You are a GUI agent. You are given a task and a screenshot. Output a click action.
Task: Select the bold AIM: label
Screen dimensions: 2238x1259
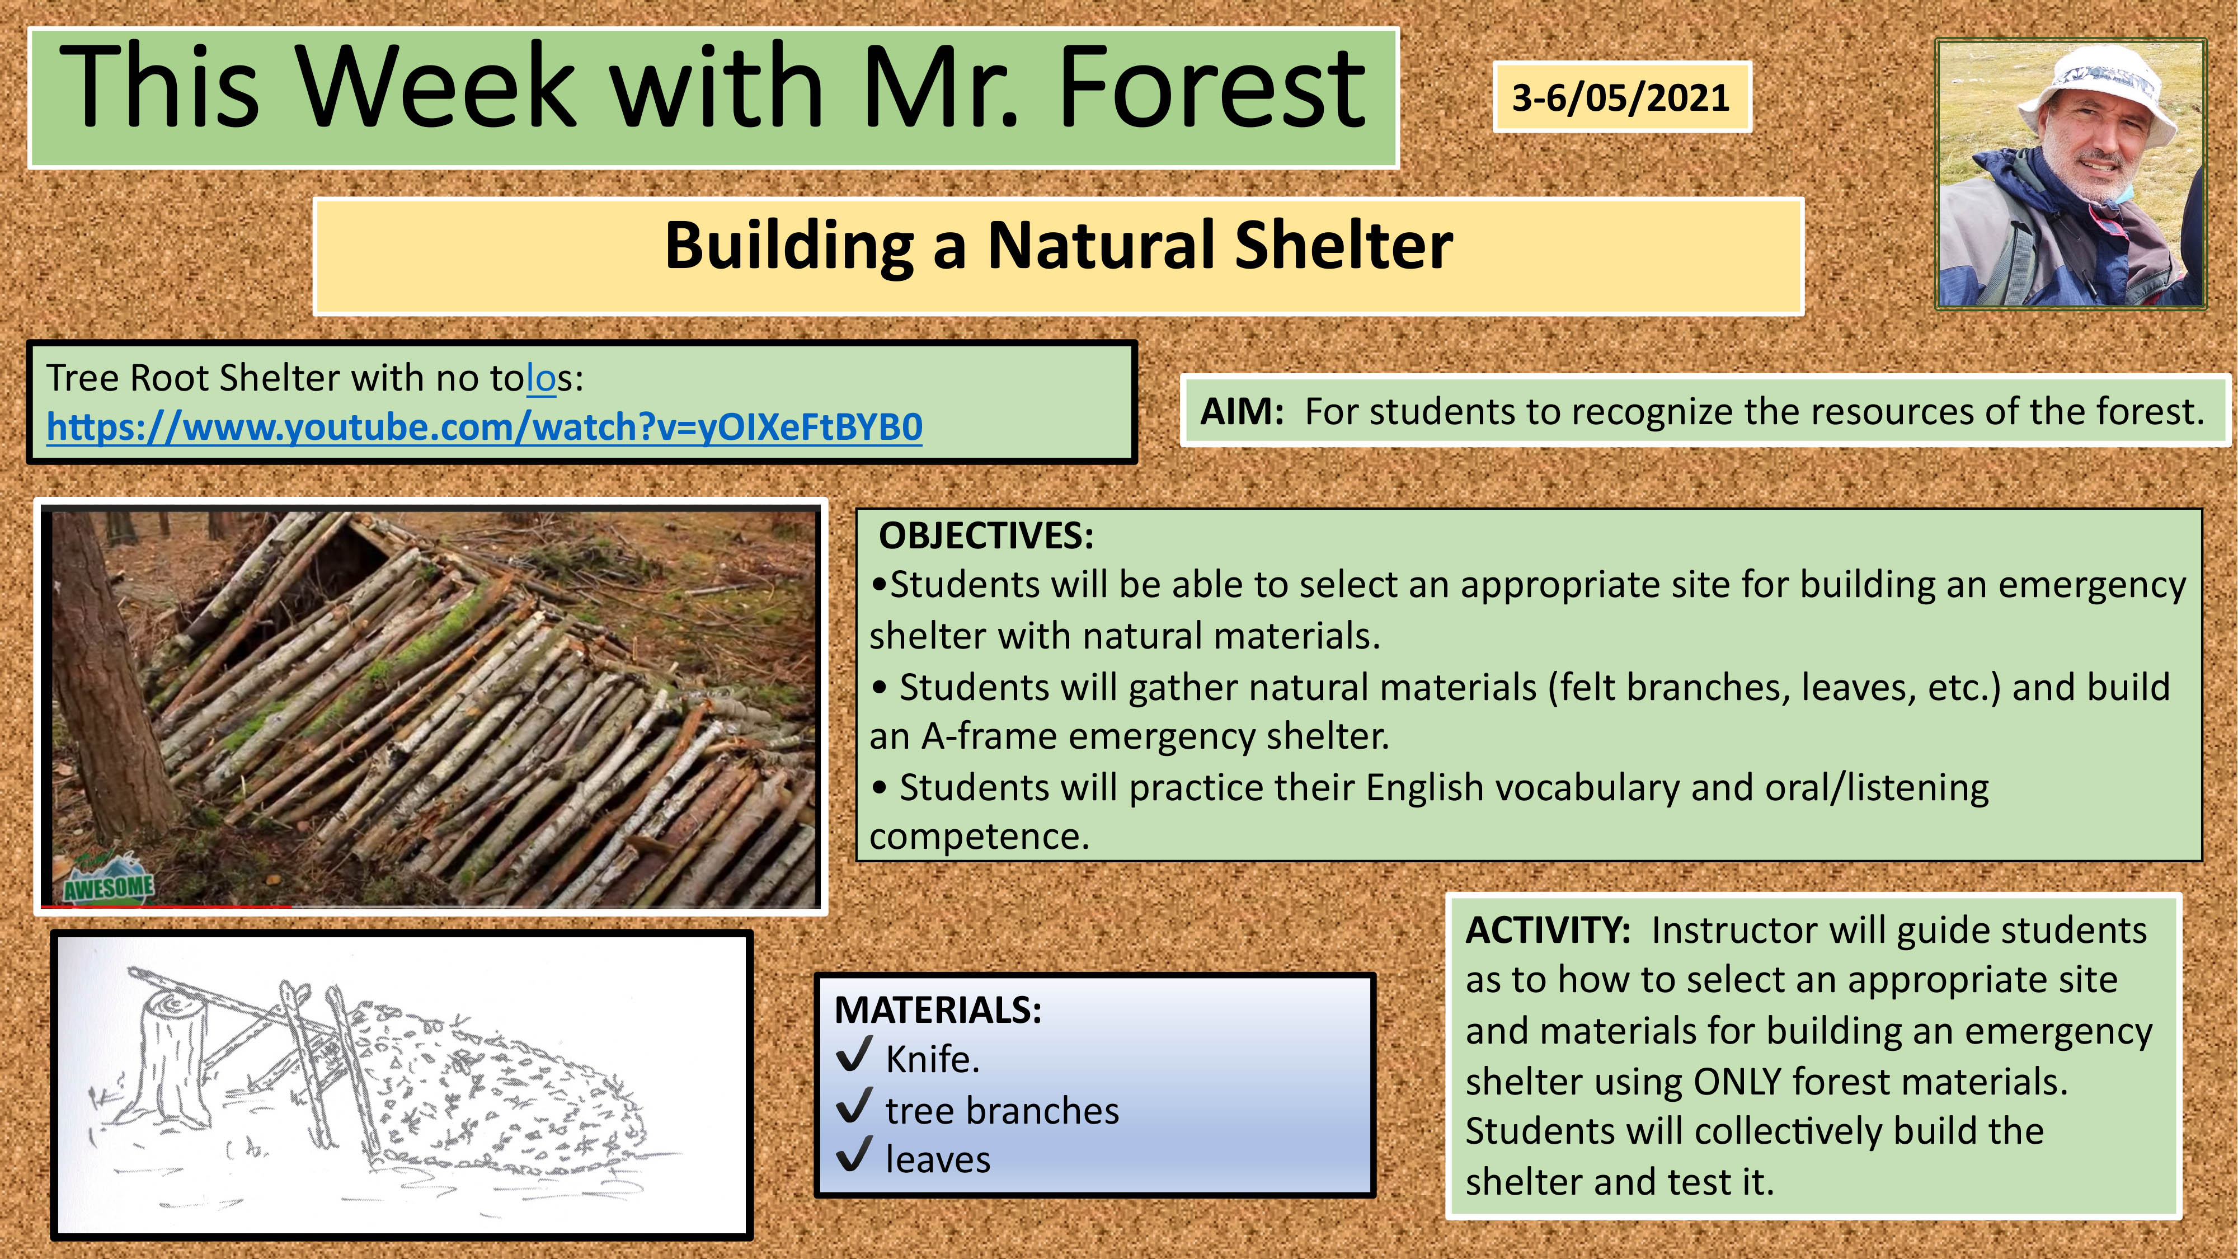pos(1242,411)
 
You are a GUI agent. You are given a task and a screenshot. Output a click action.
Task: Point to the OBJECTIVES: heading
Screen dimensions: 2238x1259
pos(986,535)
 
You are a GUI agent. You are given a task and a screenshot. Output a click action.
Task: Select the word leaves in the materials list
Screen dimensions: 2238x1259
pos(937,1160)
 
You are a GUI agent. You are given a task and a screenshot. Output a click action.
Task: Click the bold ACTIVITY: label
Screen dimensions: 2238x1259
pos(1548,929)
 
